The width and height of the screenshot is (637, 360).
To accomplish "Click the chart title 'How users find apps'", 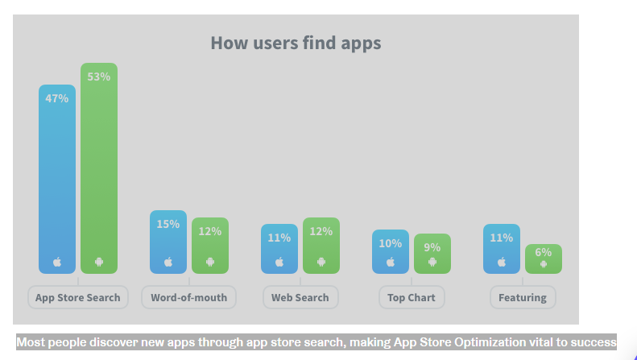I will click(x=296, y=43).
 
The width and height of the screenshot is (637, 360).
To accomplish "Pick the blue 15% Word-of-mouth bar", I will click(x=168, y=242).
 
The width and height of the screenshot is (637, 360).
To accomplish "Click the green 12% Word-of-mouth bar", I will click(x=210, y=245).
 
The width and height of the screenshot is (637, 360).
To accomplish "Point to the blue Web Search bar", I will click(x=279, y=249).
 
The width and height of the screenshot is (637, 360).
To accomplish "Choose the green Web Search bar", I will click(x=321, y=245).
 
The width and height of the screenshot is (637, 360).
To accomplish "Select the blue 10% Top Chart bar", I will click(x=391, y=251).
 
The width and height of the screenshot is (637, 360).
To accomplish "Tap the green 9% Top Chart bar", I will click(x=432, y=254).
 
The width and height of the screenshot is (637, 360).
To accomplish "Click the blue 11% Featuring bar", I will click(x=502, y=249).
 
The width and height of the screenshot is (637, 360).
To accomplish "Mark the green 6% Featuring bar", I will click(x=544, y=259).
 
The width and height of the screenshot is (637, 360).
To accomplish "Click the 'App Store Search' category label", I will click(x=78, y=297).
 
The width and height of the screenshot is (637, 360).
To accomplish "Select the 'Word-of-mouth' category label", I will click(x=189, y=297).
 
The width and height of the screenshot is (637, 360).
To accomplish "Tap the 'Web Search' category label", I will click(x=300, y=297).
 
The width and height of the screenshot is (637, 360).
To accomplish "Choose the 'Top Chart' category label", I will click(x=412, y=297).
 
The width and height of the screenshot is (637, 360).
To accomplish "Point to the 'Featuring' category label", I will click(x=523, y=297).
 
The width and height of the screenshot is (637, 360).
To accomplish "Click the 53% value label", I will click(x=99, y=77).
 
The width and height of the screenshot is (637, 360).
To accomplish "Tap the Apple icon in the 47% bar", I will click(x=57, y=262).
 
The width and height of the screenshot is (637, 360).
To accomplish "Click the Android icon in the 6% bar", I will click(x=544, y=263).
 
